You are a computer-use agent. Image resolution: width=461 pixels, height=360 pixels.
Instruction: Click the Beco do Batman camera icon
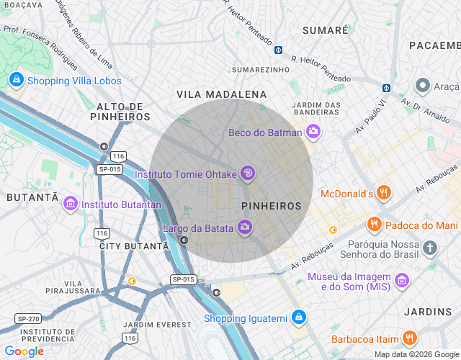[313, 132]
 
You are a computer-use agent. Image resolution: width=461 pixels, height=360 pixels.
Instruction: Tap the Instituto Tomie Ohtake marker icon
[247, 173]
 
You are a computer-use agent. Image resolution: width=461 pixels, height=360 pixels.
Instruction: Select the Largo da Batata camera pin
[245, 228]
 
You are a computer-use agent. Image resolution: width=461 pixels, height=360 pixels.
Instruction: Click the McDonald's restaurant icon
[384, 193]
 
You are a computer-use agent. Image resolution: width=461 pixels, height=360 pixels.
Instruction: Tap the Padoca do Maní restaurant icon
[374, 225]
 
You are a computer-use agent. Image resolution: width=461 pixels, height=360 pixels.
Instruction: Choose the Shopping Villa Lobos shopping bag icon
[16, 80]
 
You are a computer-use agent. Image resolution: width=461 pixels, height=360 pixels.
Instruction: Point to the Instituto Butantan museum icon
[70, 204]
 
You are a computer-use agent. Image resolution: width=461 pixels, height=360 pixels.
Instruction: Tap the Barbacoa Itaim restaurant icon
[409, 338]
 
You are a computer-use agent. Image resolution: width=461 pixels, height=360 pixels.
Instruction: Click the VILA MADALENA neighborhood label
[221, 94]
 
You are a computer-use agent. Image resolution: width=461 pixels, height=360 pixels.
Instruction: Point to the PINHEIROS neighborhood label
[272, 206]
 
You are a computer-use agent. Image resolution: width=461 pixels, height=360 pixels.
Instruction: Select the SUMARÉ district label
[325, 30]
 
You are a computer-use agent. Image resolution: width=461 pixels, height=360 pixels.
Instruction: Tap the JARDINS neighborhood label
[427, 312]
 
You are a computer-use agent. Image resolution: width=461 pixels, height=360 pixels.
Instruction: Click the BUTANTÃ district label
[32, 197]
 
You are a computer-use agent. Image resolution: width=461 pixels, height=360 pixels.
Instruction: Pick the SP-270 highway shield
[27, 318]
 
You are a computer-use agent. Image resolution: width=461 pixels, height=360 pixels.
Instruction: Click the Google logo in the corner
[24, 351]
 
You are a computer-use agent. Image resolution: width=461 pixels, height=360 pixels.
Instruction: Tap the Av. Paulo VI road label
[371, 117]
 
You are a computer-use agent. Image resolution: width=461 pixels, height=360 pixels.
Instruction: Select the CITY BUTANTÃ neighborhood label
[133, 246]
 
